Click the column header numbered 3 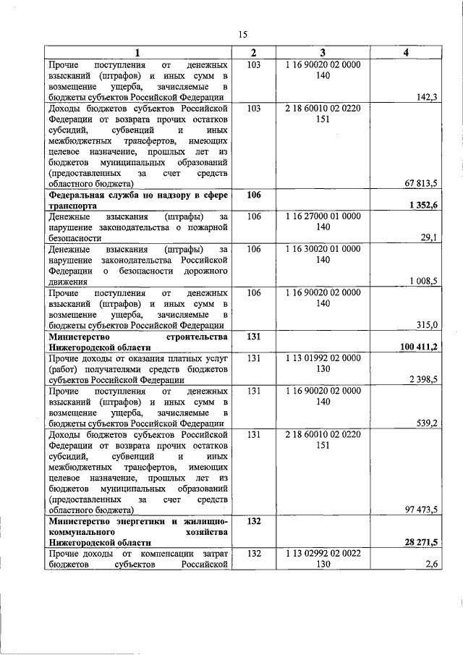[x=323, y=53]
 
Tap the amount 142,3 [x=426, y=97]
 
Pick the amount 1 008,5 [x=422, y=281]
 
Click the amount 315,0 [x=426, y=325]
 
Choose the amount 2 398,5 [x=422, y=379]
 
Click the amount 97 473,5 [x=420, y=510]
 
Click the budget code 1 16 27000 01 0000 [x=323, y=216]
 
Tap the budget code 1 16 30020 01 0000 [x=323, y=249]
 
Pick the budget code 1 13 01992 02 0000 [x=323, y=358]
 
